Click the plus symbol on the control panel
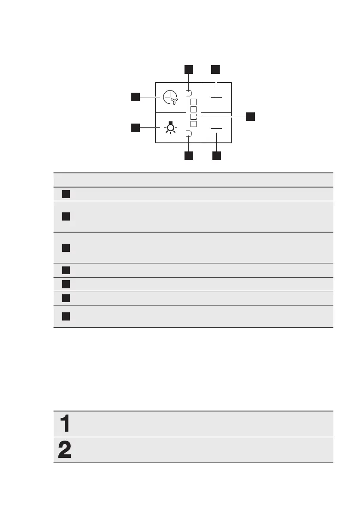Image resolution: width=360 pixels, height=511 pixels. pyautogui.click(x=216, y=97)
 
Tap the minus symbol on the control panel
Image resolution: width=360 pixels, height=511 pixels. pyautogui.click(x=216, y=128)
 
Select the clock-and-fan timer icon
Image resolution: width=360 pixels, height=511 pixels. pyautogui.click(x=171, y=98)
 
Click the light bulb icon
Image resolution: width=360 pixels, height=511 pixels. pyautogui.click(x=171, y=128)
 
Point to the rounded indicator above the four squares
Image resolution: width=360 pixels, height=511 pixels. pyautogui.click(x=188, y=92)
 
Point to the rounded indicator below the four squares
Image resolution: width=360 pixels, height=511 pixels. pyautogui.click(x=188, y=134)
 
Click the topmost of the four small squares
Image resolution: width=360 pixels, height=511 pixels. pyautogui.click(x=193, y=102)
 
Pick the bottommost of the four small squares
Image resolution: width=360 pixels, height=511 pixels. pyautogui.click(x=193, y=124)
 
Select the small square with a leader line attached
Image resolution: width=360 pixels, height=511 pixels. pyautogui.click(x=193, y=116)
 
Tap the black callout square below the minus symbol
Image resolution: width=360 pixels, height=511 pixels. pyautogui.click(x=216, y=156)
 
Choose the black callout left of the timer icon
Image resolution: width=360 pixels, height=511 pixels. pyautogui.click(x=136, y=97)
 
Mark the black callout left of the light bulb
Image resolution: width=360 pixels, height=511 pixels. pyautogui.click(x=136, y=127)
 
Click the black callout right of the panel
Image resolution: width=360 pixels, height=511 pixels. pyautogui.click(x=250, y=116)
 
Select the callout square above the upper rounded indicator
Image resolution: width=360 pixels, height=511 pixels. pyautogui.click(x=189, y=70)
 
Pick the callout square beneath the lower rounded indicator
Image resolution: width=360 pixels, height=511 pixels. pyautogui.click(x=189, y=156)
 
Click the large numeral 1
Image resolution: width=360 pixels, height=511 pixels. pyautogui.click(x=65, y=424)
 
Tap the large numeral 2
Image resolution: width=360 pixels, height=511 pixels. pyautogui.click(x=65, y=450)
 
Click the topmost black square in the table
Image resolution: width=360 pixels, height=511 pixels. pyautogui.click(x=65, y=194)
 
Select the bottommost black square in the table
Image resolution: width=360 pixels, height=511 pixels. pyautogui.click(x=65, y=317)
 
